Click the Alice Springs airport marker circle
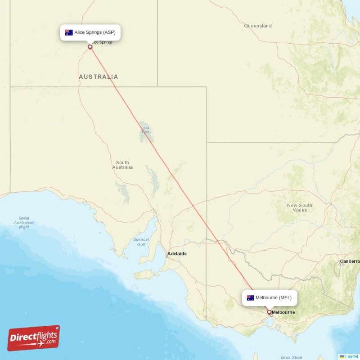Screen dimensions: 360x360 point(90,47)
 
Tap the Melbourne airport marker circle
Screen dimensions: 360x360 point(269,312)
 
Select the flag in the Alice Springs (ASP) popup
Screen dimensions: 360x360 point(69,32)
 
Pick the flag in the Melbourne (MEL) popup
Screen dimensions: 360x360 point(250,297)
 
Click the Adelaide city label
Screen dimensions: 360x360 point(177,254)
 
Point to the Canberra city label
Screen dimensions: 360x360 point(350,261)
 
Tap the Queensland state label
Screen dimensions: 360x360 point(258,26)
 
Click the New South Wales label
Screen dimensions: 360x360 point(300,207)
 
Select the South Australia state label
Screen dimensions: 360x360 point(122,165)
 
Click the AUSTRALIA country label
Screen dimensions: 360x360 point(99,77)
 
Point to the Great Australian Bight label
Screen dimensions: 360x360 point(24,222)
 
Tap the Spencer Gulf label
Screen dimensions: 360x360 point(141,242)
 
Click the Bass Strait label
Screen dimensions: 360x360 point(292,357)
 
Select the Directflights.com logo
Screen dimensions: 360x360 point(34,338)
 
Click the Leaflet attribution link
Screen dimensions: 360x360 point(351,356)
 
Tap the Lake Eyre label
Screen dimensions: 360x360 point(145,130)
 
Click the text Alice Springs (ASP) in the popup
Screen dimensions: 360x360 point(95,32)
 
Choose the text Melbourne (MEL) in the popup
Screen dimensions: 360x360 point(273,297)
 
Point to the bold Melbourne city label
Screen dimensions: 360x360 point(283,312)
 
